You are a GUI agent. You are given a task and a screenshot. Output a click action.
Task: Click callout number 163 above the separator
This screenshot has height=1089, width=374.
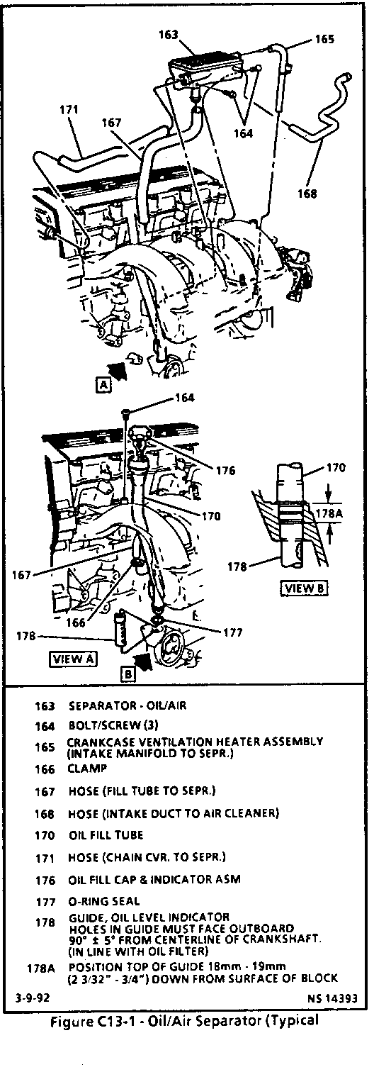coord(169,35)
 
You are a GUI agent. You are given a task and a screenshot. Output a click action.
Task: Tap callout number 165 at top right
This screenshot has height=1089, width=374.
coord(325,39)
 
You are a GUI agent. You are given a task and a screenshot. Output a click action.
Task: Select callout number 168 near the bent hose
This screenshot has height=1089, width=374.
coord(307,194)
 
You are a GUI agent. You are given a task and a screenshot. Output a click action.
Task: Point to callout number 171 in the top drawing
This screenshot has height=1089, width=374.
coord(69,109)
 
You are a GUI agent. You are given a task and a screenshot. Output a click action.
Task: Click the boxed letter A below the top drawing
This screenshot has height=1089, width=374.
coord(104,385)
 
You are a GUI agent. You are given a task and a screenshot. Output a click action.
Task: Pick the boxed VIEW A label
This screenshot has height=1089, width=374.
coord(74,659)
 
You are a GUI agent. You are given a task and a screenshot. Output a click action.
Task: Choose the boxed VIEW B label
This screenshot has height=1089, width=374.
coord(305,588)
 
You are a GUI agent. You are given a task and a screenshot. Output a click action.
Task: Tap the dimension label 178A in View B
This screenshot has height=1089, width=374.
coord(329,513)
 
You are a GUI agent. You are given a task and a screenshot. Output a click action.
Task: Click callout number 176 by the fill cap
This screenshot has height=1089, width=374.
coord(225,470)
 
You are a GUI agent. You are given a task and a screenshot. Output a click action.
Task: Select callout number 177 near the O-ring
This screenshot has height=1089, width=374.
coord(232,632)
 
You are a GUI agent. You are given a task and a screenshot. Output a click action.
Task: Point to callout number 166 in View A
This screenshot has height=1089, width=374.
coord(76,622)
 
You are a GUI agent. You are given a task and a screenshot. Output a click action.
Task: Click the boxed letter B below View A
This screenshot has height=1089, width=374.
coord(127,674)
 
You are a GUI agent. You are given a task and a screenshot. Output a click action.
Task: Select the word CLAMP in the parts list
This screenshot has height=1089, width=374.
coord(87,769)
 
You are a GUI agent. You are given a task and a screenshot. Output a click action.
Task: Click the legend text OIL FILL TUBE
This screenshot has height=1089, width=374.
coord(106,835)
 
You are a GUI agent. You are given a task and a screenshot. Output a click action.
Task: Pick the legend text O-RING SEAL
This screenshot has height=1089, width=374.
coord(104,901)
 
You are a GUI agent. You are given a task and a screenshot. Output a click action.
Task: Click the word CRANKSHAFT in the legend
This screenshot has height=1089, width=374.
coord(282,939)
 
